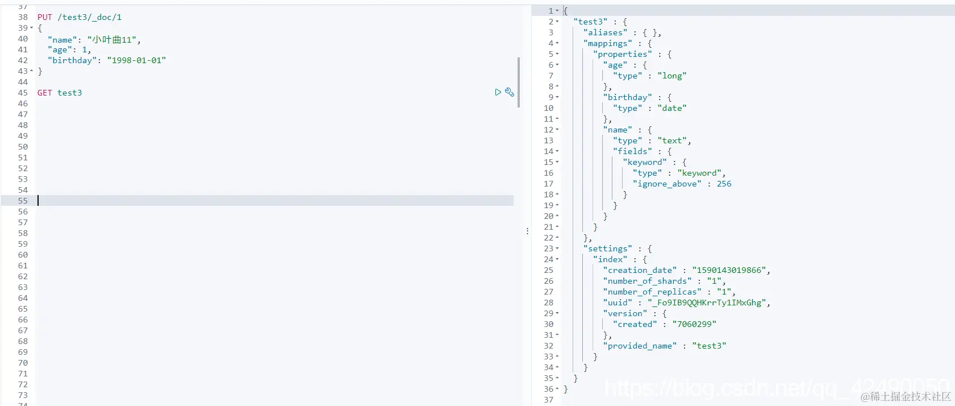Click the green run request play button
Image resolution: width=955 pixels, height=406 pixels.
click(x=498, y=92)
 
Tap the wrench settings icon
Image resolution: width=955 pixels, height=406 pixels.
click(x=510, y=92)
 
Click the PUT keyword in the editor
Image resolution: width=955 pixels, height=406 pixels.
click(x=45, y=18)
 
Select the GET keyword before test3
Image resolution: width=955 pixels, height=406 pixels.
click(x=45, y=93)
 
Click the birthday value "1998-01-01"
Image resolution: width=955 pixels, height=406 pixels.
click(x=136, y=61)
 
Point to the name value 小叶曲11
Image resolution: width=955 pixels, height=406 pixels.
click(x=112, y=40)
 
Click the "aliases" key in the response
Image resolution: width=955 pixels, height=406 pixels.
click(x=606, y=33)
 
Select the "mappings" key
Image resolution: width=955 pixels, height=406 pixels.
click(x=608, y=44)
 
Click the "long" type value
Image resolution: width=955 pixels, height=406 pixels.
click(x=672, y=76)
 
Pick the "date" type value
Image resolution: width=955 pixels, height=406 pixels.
click(x=672, y=109)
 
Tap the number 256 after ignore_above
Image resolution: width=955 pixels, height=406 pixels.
click(x=724, y=184)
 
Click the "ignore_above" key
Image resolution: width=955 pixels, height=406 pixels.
click(x=667, y=184)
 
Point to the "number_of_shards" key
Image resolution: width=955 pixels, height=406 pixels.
click(x=647, y=281)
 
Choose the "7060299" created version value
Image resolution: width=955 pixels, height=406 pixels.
click(x=694, y=325)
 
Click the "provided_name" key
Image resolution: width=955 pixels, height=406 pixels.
click(x=640, y=346)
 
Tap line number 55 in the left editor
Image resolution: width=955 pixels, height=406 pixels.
click(x=23, y=201)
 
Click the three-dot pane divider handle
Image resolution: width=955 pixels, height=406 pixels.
click(x=527, y=231)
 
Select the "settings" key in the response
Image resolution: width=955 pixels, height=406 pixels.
click(x=608, y=249)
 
